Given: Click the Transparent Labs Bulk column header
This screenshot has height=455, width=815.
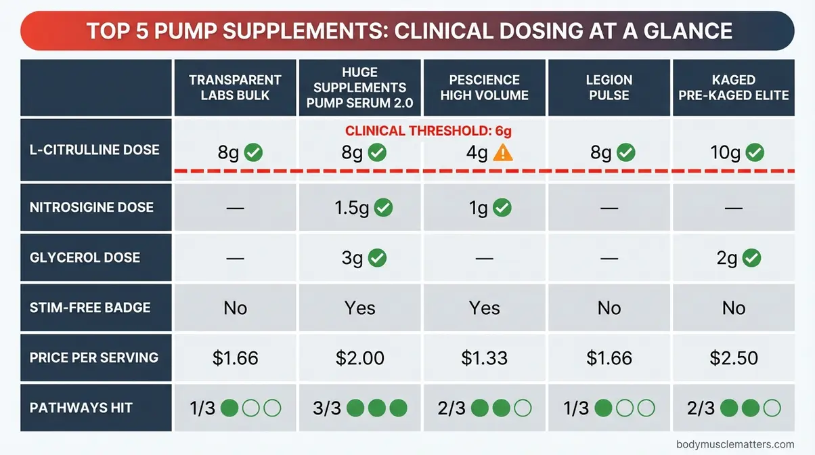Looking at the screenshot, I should [x=235, y=87].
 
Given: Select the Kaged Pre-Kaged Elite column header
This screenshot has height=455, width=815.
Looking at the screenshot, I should [x=734, y=87].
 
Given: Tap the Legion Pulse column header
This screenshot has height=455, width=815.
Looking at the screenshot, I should [x=609, y=87].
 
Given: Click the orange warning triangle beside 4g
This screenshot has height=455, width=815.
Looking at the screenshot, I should [x=502, y=153].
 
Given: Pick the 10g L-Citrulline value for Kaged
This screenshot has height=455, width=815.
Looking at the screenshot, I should [x=725, y=153].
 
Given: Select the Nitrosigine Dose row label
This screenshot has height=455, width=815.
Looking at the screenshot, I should [x=91, y=207].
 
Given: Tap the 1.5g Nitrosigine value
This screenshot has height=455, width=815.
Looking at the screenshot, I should [x=351, y=208].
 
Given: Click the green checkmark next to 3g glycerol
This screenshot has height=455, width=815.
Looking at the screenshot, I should [x=377, y=257].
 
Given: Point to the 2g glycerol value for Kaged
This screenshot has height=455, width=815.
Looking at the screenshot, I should [x=727, y=258].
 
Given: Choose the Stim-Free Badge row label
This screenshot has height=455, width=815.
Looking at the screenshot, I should [x=90, y=307].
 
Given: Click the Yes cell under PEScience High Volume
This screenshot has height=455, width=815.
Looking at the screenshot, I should [x=484, y=308].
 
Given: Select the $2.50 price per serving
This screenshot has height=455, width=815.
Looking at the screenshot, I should [x=733, y=357].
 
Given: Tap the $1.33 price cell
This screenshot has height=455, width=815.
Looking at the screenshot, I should [x=484, y=357].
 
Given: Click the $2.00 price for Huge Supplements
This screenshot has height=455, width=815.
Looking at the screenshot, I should [x=359, y=357].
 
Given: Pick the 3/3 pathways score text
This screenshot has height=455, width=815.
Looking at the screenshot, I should [x=327, y=408].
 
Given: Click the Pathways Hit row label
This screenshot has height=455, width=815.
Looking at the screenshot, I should [x=81, y=408].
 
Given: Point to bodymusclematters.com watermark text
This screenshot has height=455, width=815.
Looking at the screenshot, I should [x=734, y=444].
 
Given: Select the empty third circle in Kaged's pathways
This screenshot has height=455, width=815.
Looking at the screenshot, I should [x=771, y=408].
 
